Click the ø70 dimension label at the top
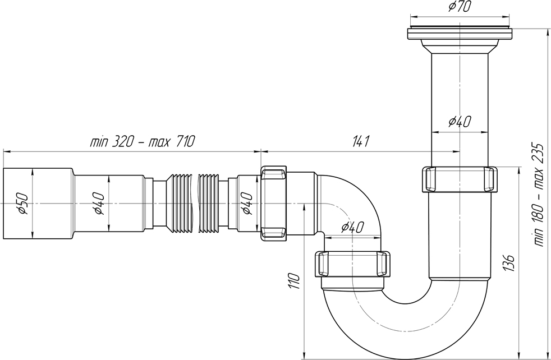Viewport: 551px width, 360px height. [x=459, y=7]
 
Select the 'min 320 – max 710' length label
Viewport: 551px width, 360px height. [x=142, y=142]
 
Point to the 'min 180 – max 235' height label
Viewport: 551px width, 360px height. [x=539, y=195]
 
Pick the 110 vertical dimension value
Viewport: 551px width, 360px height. [x=295, y=280]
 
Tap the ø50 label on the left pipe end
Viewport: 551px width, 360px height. [x=23, y=204]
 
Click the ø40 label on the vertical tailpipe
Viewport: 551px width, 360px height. [x=460, y=121]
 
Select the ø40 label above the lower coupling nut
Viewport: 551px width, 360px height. [x=352, y=228]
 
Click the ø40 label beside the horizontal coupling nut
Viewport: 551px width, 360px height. [x=246, y=204]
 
